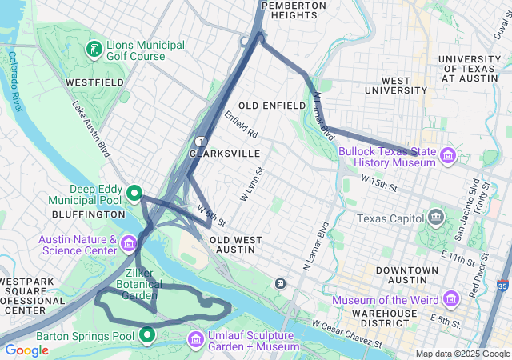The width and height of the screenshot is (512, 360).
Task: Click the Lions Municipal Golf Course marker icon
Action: pos(95,50)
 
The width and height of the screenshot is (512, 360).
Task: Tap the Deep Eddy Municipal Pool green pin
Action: pos(135,193)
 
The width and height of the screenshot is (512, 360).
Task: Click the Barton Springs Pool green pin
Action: pos(147,334)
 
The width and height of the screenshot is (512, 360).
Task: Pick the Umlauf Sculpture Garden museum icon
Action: pos(195,340)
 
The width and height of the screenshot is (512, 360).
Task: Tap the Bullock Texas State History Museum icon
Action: pos(446,154)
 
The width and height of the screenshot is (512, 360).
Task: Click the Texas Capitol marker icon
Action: pos(436,218)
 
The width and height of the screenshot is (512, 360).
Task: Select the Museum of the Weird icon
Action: pos(451,299)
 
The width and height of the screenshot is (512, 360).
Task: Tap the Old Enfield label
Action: pos(272,106)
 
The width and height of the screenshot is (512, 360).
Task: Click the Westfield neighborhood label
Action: pos(94,82)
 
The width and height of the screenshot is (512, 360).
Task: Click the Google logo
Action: pos(27,350)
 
